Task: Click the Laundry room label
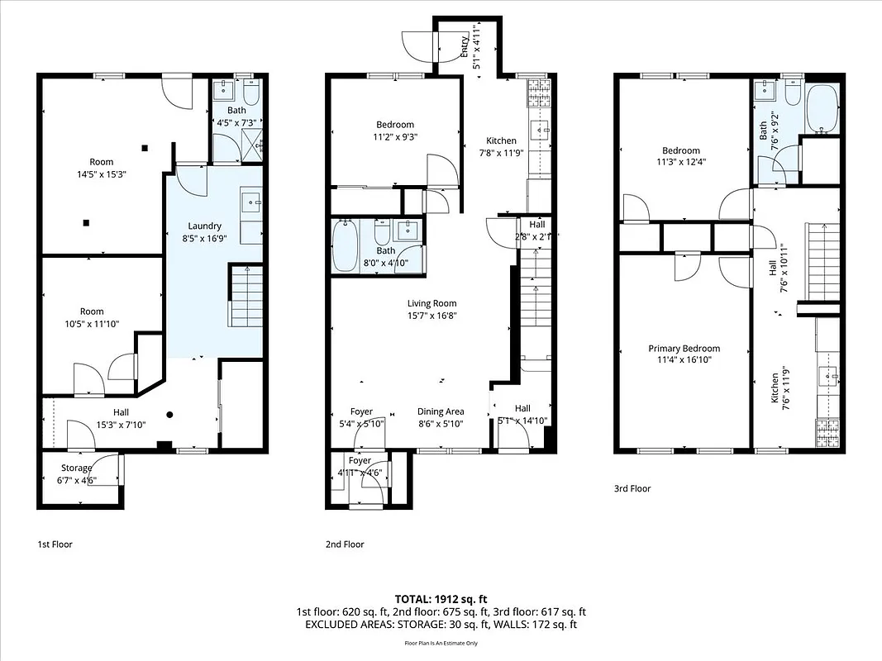[204, 226]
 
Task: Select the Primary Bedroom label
[684, 349]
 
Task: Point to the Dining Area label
[440, 411]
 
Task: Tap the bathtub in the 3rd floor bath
[821, 109]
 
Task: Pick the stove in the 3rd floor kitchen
[827, 430]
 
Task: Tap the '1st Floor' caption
[55, 544]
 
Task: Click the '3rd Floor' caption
[632, 488]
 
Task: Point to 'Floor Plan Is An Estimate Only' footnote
[441, 643]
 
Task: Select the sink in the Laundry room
[251, 201]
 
